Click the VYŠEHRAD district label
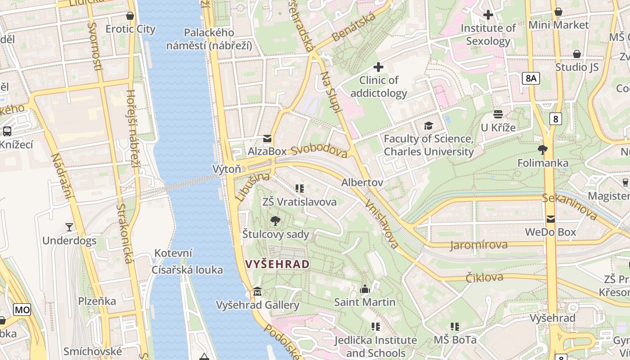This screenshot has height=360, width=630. pyautogui.click(x=278, y=264)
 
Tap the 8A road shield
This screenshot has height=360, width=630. pyautogui.click(x=531, y=78)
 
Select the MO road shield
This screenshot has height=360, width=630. pyautogui.click(x=22, y=310)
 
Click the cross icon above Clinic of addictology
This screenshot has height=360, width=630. pyautogui.click(x=378, y=67)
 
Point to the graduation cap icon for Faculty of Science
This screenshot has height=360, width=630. pyautogui.click(x=428, y=126)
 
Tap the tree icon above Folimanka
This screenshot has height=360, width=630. pyautogui.click(x=543, y=149)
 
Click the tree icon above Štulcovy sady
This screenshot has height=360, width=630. pyautogui.click(x=275, y=220)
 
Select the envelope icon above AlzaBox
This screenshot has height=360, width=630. pyautogui.click(x=267, y=138)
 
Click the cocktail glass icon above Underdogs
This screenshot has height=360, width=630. pyautogui.click(x=69, y=227)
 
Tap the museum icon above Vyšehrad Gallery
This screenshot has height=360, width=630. pyautogui.click(x=257, y=292)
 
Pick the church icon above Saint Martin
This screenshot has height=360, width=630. pyautogui.click(x=365, y=288)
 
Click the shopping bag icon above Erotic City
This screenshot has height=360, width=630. pyautogui.click(x=130, y=16)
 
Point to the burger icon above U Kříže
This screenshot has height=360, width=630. pyautogui.click(x=498, y=114)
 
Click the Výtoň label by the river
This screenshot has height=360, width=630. pyautogui.click(x=226, y=169)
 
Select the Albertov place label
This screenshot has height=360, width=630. pyautogui.click(x=362, y=182)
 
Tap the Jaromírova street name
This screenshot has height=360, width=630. pyautogui.click(x=479, y=245)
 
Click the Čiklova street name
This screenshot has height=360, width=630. pyautogui.click(x=485, y=277)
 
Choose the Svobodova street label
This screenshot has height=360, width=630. pyautogui.click(x=319, y=150)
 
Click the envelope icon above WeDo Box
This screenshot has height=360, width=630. pyautogui.click(x=551, y=219)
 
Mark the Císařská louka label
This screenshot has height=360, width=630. pyautogui.click(x=187, y=270)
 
